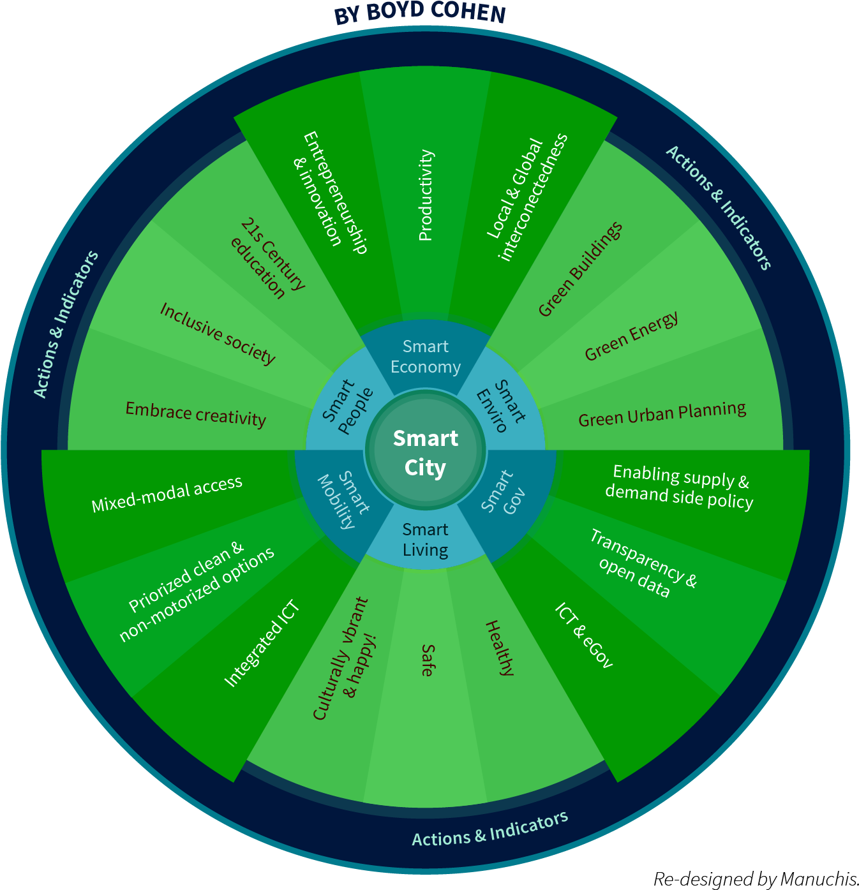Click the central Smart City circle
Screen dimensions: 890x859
tap(425, 452)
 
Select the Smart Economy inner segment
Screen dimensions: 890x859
tap(426, 357)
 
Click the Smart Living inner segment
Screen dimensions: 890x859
tap(425, 540)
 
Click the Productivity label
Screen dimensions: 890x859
tap(426, 195)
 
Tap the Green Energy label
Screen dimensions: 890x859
tap(631, 336)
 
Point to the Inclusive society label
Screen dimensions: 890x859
tap(218, 333)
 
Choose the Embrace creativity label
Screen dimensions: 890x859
tap(195, 414)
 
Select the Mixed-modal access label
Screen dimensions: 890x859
tap(167, 494)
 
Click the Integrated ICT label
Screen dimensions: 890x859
tap(262, 644)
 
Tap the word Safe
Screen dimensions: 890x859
tap(428, 660)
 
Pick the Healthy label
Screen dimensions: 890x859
tap(500, 647)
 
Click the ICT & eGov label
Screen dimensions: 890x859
tap(583, 635)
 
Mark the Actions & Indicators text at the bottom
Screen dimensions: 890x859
tap(489, 829)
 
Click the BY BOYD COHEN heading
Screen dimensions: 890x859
tap(419, 13)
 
